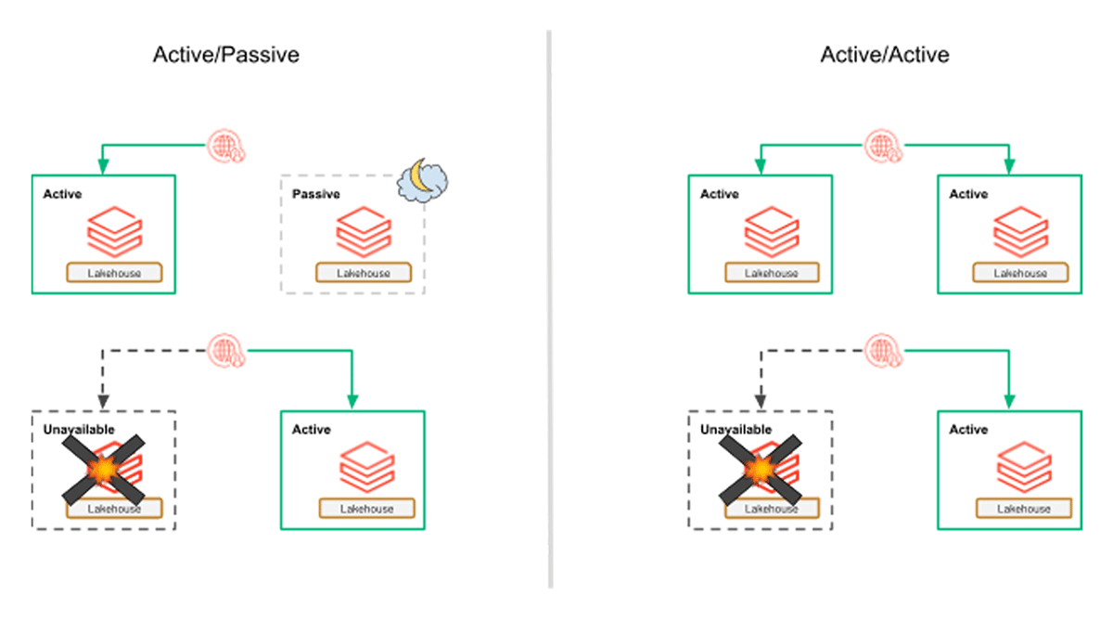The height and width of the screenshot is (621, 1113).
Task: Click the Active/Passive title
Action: [226, 55]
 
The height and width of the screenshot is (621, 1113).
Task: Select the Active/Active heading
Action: [885, 55]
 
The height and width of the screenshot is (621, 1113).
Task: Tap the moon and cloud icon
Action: [422, 180]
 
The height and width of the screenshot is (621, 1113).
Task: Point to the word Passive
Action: [315, 194]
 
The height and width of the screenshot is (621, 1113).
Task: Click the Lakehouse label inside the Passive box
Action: [364, 273]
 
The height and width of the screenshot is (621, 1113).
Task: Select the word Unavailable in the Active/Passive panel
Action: [79, 430]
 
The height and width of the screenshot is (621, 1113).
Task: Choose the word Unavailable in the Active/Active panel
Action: [736, 430]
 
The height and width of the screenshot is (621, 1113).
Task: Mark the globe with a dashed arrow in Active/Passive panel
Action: [223, 350]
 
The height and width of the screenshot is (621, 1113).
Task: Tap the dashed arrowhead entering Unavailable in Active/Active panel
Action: [761, 402]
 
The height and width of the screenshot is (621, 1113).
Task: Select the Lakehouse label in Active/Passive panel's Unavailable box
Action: [114, 509]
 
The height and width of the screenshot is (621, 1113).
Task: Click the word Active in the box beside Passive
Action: [62, 194]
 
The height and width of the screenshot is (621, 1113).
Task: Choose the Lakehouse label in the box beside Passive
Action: [114, 273]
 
